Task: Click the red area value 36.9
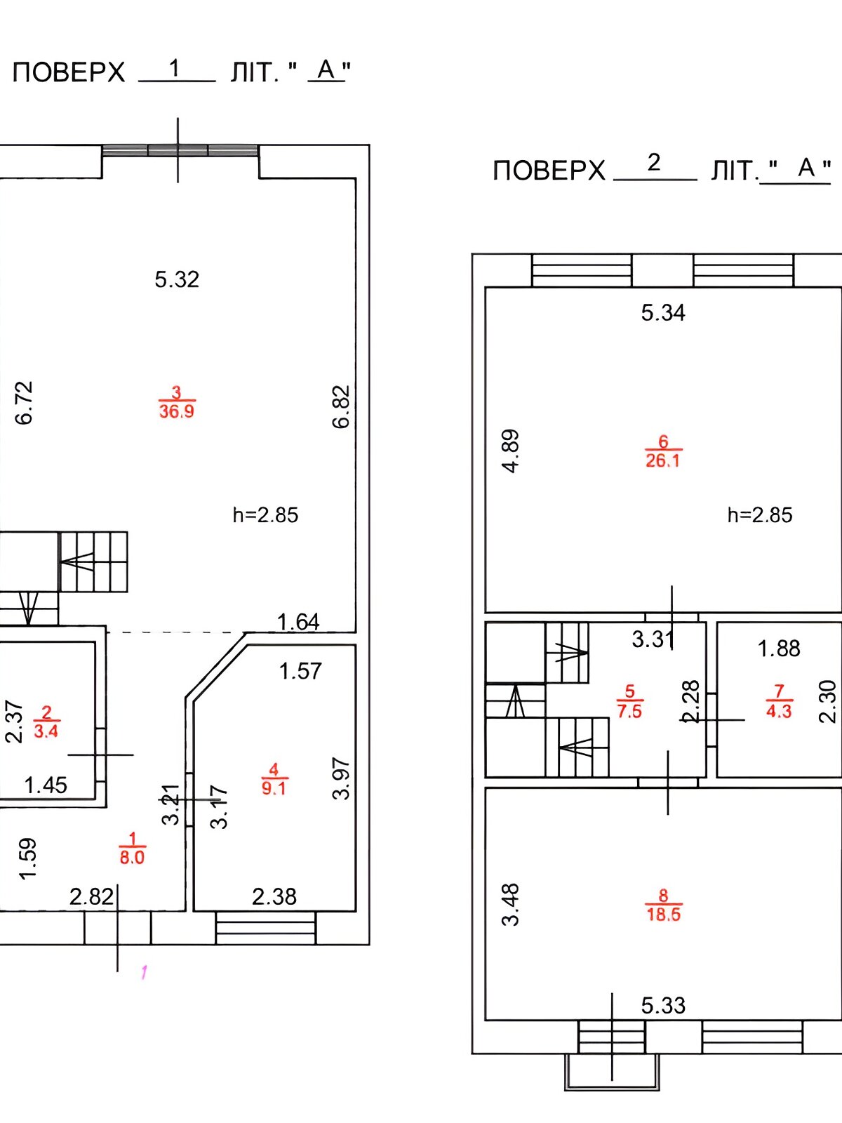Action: click(x=176, y=411)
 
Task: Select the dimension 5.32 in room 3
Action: click(x=177, y=279)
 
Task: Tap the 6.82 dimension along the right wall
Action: click(x=341, y=406)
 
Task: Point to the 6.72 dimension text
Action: click(x=24, y=402)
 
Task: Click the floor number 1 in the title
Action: click(x=175, y=68)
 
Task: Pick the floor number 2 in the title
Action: click(x=654, y=163)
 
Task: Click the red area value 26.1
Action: click(x=662, y=460)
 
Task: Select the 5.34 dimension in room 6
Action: click(x=663, y=312)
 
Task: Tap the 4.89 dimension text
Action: click(x=512, y=451)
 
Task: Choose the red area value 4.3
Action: click(x=779, y=710)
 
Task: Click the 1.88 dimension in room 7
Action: click(x=779, y=649)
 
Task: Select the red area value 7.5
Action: click(x=629, y=710)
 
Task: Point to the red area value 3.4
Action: click(x=46, y=731)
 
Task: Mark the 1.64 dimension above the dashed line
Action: click(x=298, y=622)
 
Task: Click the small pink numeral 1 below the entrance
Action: click(x=144, y=972)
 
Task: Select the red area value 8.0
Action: click(x=132, y=857)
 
